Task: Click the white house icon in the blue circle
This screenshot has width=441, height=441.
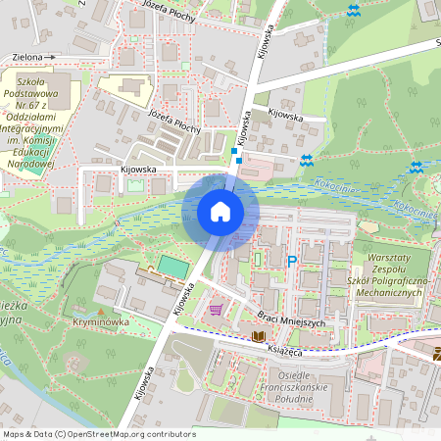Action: pos(220,212)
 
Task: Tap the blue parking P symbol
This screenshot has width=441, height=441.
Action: pos(291,262)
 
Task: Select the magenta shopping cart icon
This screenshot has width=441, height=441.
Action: pos(215,310)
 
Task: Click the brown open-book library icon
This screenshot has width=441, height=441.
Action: pos(258,336)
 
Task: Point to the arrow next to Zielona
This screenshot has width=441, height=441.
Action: pos(50,58)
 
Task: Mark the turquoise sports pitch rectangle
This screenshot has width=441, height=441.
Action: pos(172,267)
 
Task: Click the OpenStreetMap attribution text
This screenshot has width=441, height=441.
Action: pos(99,433)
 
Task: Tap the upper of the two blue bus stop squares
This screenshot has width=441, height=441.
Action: pos(233,151)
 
